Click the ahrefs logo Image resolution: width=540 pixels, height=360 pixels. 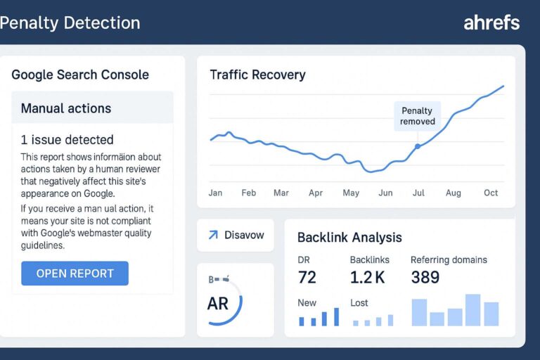(491, 22)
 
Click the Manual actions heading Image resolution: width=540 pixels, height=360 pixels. (66, 108)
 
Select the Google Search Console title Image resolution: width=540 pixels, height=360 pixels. (80, 75)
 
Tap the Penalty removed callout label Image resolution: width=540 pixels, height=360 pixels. (418, 116)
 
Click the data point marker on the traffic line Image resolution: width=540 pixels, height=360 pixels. (418, 146)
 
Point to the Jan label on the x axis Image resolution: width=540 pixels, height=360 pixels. (216, 193)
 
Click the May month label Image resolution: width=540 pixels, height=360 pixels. (351, 193)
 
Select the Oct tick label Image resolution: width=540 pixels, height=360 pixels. (490, 193)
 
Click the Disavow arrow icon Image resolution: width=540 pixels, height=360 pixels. (213, 236)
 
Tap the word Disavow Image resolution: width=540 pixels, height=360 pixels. (244, 236)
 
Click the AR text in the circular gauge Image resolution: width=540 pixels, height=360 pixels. (219, 303)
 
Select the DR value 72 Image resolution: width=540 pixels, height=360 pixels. (307, 278)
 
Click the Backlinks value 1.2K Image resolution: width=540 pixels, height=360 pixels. (368, 278)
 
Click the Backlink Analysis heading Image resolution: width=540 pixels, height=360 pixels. (349, 238)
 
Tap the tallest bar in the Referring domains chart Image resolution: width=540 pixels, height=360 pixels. (473, 310)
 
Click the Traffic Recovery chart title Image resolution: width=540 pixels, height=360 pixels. (257, 75)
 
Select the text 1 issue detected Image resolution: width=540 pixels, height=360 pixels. (67, 140)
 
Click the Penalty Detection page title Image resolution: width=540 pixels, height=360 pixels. (70, 22)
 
